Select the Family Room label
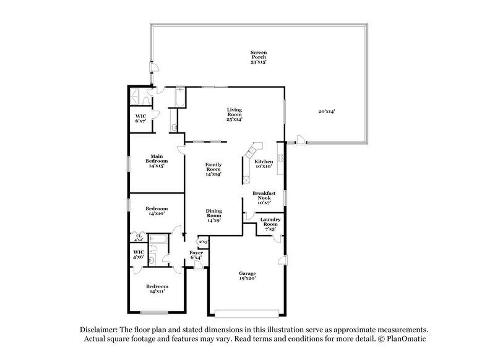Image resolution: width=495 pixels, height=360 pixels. pos(214,169)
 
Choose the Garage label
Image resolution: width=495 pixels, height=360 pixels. pos(247,275)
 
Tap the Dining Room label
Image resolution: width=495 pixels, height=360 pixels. pos(214,215)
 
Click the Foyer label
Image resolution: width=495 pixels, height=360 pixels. pos(196,255)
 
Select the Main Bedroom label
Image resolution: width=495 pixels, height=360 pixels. pos(157,160)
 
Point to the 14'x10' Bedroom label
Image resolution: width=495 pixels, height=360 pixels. pos(157,212)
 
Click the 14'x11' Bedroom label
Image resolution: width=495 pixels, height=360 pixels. pos(157,289)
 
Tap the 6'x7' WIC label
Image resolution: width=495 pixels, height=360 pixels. pos(140,118)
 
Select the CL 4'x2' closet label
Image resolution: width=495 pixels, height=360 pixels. pos(139,237)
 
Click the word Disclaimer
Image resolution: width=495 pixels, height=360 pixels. pos(99,330)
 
